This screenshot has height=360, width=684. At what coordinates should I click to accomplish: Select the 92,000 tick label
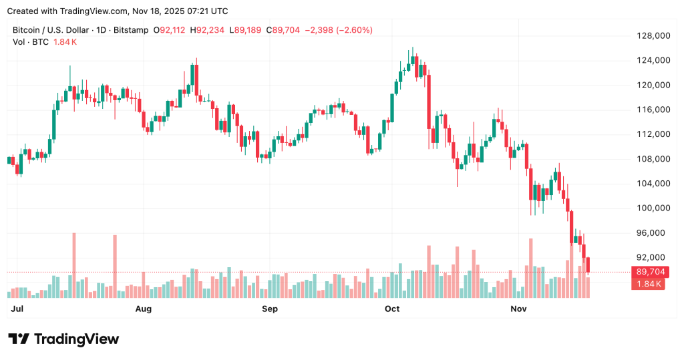(653, 257)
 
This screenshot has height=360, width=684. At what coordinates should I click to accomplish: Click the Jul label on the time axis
(17, 309)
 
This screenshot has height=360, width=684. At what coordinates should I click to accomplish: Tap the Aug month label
(143, 309)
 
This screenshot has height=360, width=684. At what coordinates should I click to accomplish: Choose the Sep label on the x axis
(269, 309)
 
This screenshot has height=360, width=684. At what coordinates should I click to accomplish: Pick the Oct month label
(392, 309)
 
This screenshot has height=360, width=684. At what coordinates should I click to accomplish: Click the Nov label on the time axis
(519, 309)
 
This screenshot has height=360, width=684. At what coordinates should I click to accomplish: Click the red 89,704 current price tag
(650, 272)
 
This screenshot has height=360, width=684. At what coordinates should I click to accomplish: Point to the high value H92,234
(208, 30)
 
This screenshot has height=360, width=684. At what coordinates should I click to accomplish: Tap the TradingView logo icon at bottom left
(19, 339)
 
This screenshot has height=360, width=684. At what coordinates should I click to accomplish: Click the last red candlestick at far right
(588, 265)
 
